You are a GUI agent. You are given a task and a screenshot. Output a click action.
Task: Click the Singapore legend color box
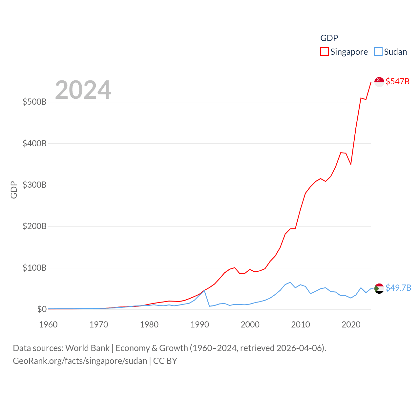pyautogui.click(x=324, y=52)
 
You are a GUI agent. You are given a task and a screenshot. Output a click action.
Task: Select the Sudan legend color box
pyautogui.click(x=378, y=52)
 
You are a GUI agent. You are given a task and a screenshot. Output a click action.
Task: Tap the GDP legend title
pyautogui.click(x=329, y=38)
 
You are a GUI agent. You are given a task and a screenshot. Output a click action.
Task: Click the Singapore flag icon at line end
pyautogui.click(x=379, y=82)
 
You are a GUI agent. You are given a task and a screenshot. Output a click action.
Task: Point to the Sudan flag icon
pyautogui.click(x=379, y=288)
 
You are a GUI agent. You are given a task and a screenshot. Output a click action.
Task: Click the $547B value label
pyautogui.click(x=397, y=81)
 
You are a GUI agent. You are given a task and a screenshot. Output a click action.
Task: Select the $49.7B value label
pyautogui.click(x=398, y=288)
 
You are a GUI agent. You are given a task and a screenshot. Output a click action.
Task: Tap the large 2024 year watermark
pyautogui.click(x=83, y=90)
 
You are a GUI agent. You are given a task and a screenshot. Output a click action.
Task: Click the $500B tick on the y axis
pyautogui.click(x=34, y=102)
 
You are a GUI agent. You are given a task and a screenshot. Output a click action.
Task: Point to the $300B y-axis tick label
pyautogui.click(x=34, y=185)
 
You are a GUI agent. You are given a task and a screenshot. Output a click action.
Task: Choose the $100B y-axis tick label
pyautogui.click(x=34, y=268)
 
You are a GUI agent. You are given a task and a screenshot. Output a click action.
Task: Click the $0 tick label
pyautogui.click(x=42, y=309)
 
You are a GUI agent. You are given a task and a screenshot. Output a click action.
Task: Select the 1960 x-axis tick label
pyautogui.click(x=48, y=325)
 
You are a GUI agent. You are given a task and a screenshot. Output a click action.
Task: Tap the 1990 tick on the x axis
pyautogui.click(x=199, y=325)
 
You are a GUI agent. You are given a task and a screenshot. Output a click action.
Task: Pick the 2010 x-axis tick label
pyautogui.click(x=301, y=325)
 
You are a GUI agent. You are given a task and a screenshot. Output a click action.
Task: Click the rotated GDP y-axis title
pyautogui.click(x=14, y=190)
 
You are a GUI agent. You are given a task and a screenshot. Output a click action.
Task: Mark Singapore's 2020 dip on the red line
pyautogui.click(x=351, y=164)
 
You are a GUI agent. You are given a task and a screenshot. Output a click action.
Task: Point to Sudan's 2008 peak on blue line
pyautogui.click(x=290, y=283)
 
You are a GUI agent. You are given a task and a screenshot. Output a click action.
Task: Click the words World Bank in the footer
pyautogui.click(x=87, y=348)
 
